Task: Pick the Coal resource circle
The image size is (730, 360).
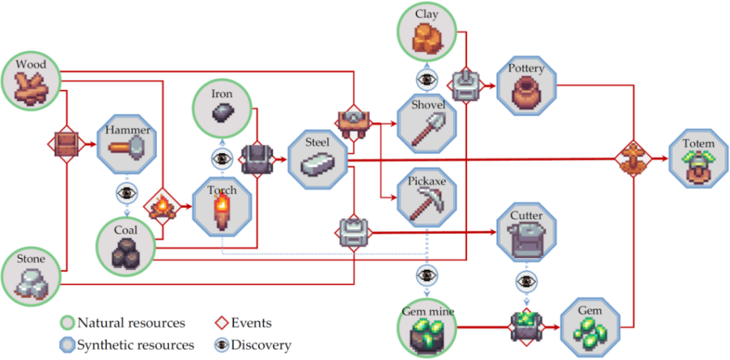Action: point(125,247)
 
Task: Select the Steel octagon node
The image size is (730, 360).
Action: point(318,160)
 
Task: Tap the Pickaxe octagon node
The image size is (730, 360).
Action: point(427,197)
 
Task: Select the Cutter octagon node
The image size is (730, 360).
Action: point(527,232)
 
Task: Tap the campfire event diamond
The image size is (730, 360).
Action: point(162,207)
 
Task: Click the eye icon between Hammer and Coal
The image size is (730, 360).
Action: point(127,192)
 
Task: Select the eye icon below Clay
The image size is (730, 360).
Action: point(427,79)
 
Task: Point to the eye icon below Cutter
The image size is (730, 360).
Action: point(527,282)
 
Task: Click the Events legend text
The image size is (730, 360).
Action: point(252,322)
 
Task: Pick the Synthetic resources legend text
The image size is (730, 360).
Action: point(135,345)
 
